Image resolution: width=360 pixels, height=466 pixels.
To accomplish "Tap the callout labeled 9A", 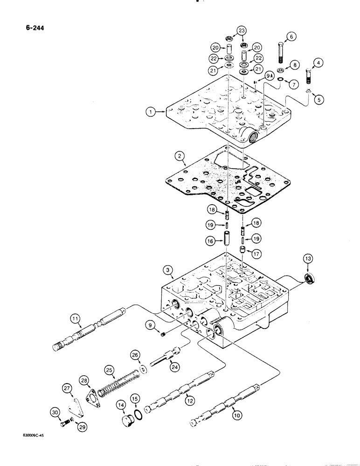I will pos(269,75).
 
